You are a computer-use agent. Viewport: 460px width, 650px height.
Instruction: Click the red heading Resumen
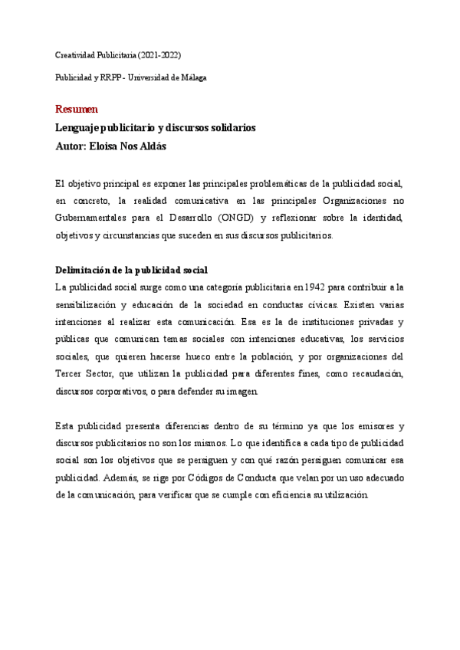click(77, 109)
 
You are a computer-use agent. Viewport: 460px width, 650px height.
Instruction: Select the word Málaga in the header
click(192, 77)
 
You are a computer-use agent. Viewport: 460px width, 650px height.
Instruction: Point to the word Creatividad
click(77, 56)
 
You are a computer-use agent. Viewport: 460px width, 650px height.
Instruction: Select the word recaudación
click(376, 373)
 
